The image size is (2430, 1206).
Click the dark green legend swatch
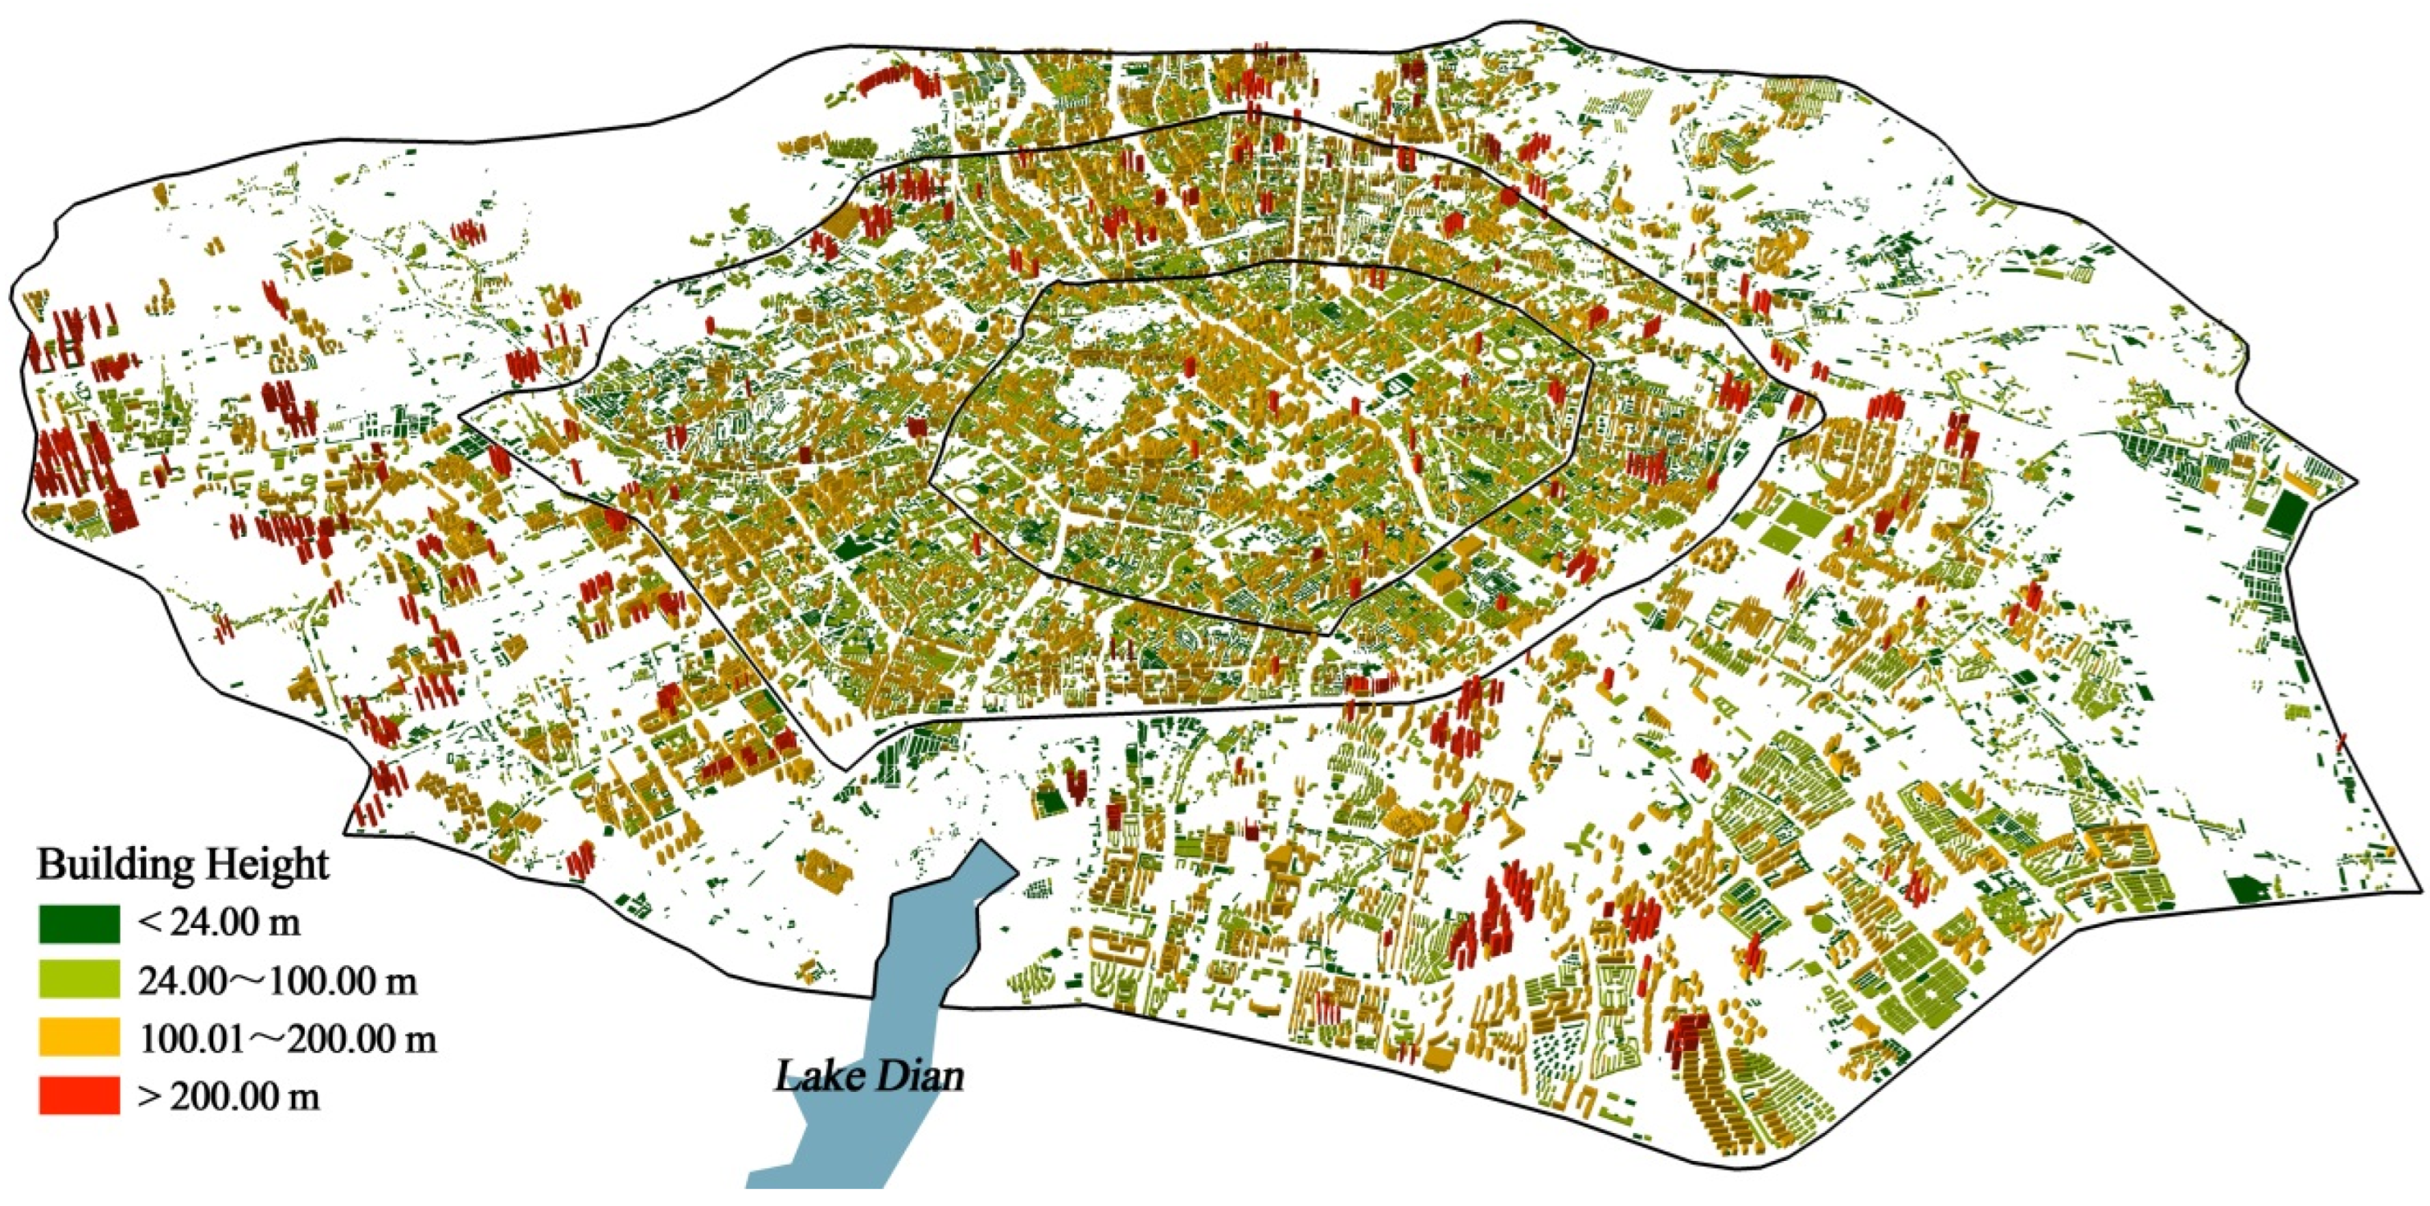(x=80, y=923)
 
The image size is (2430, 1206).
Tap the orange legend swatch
(x=80, y=1038)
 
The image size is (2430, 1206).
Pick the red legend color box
(x=80, y=1096)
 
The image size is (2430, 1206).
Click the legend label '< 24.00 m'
(x=219, y=923)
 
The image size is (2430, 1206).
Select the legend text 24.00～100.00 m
(x=277, y=982)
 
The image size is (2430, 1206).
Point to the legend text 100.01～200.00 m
(x=288, y=1039)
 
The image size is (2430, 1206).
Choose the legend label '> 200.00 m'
(x=228, y=1097)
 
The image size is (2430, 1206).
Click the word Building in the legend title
(x=105, y=865)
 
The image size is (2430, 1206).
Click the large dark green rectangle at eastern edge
(x=2285, y=516)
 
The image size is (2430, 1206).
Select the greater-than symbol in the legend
(x=148, y=1097)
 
